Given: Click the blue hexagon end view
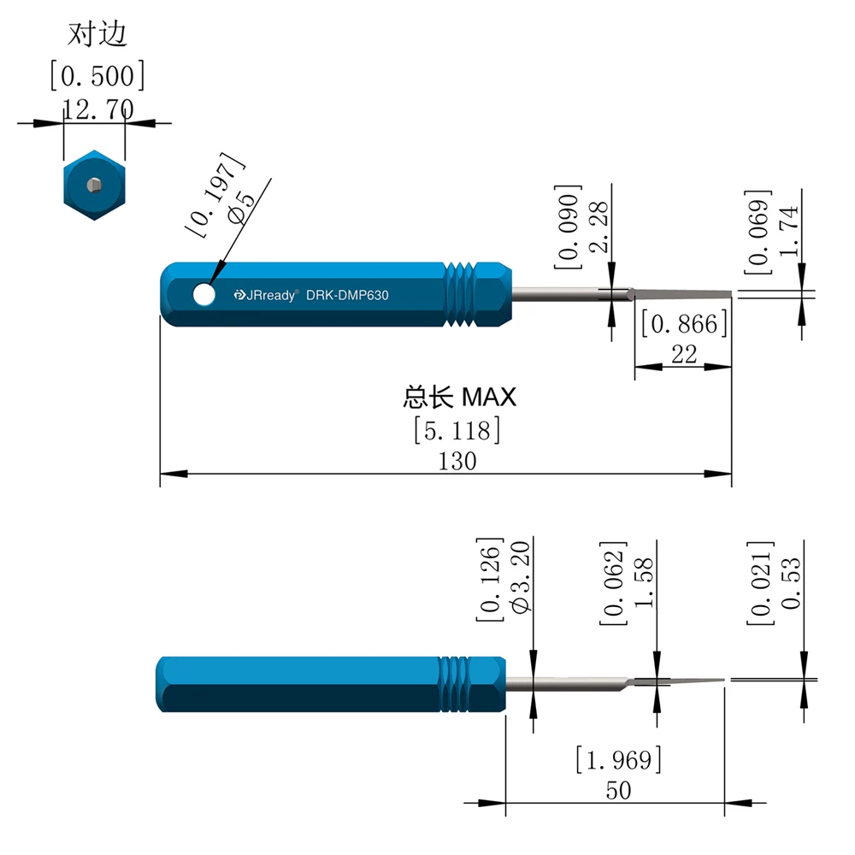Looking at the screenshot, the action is point(94,185).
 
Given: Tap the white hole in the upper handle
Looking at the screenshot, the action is point(204,294).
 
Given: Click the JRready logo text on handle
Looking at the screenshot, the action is point(266,295).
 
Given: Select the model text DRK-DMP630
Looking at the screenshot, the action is point(347,295).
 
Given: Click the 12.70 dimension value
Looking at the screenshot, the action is point(98,109).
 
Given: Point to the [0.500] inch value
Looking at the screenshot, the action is point(97,75).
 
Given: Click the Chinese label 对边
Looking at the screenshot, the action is point(97,34).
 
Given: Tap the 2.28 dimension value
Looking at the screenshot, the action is point(598,227).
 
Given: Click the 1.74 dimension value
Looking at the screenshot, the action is point(788,231).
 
